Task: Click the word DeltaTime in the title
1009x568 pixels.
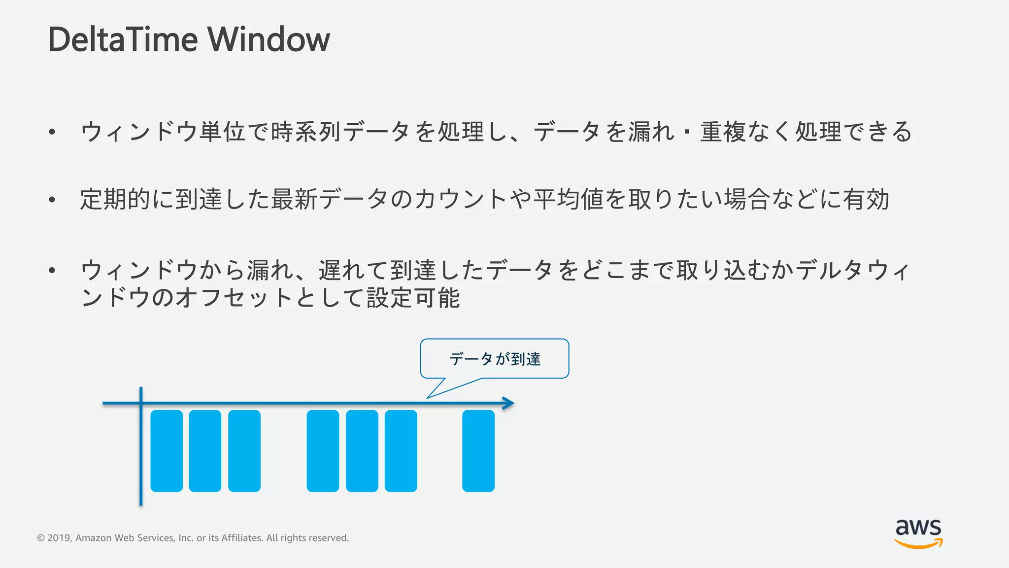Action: (x=123, y=39)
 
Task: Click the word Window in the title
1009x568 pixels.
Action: (x=269, y=39)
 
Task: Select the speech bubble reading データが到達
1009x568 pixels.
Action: (x=495, y=359)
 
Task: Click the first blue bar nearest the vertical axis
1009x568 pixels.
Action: (x=167, y=451)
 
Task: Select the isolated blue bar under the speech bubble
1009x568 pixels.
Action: (x=478, y=451)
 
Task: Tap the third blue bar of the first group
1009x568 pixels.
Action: (x=244, y=451)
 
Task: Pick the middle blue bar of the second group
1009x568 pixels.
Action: (x=362, y=451)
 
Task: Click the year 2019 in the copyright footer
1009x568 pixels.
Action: (x=59, y=538)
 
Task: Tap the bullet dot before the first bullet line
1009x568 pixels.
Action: (x=52, y=132)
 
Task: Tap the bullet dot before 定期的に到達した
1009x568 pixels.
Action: (x=52, y=200)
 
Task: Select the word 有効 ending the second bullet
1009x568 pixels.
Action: (x=866, y=200)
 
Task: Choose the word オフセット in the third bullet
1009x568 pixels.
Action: (x=234, y=297)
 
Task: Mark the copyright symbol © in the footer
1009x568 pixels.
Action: (x=41, y=538)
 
